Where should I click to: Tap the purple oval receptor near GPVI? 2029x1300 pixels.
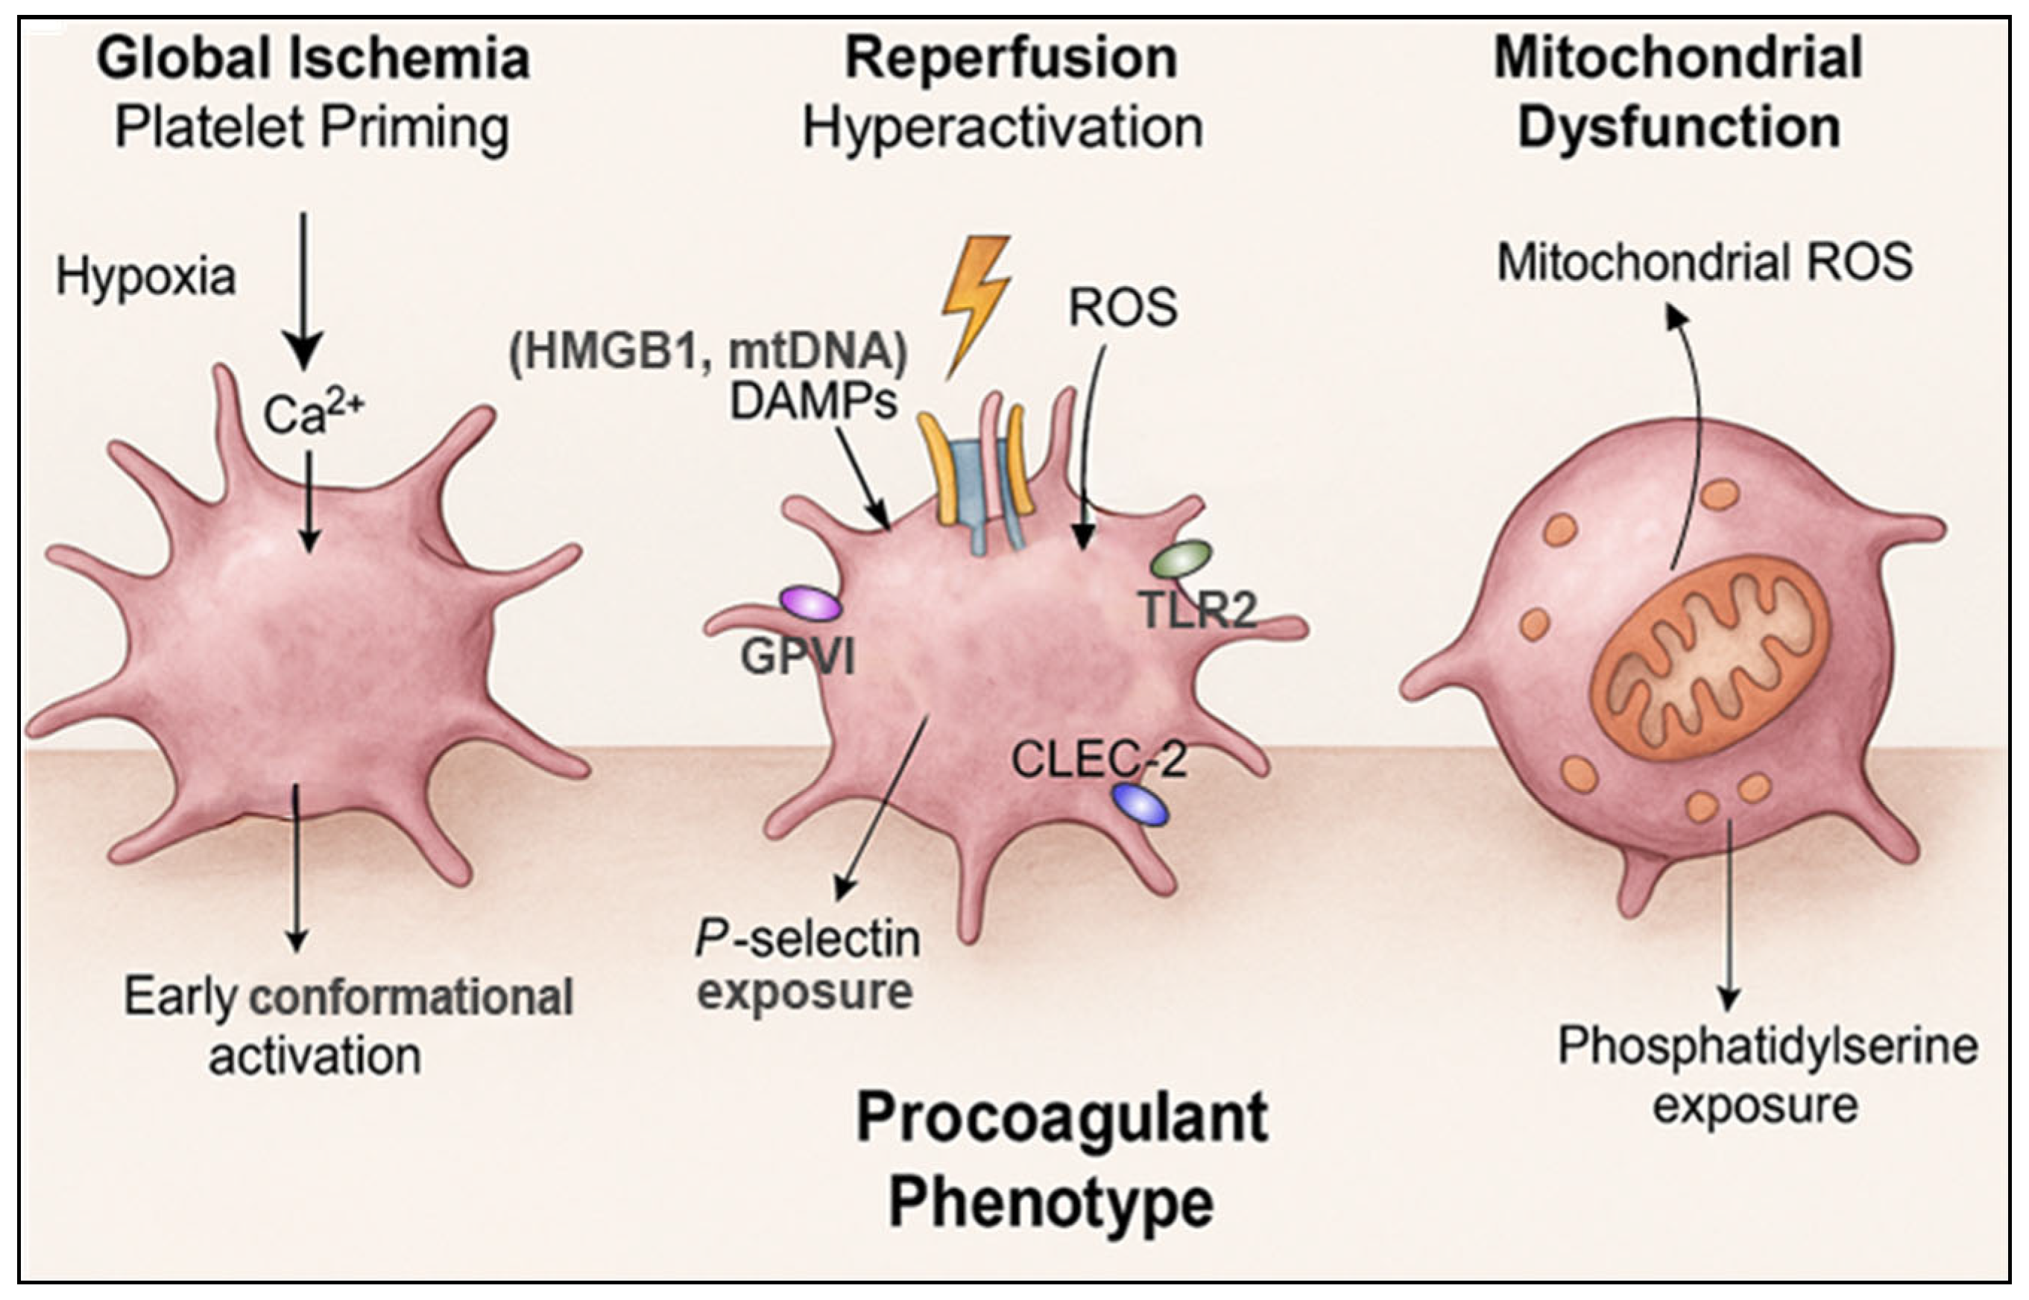click(x=810, y=604)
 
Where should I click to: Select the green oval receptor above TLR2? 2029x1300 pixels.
click(x=1182, y=558)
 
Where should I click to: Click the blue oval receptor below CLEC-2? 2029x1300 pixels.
click(x=1140, y=805)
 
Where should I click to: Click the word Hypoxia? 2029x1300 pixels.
click(x=145, y=277)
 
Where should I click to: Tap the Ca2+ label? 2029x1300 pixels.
click(x=313, y=413)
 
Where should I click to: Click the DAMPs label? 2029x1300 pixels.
click(x=812, y=402)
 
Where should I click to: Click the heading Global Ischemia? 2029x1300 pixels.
click(x=312, y=59)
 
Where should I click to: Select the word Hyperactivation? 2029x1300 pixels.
click(x=1003, y=128)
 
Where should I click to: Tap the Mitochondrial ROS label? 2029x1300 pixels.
click(x=1704, y=262)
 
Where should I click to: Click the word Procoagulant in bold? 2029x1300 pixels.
click(x=1061, y=1117)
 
